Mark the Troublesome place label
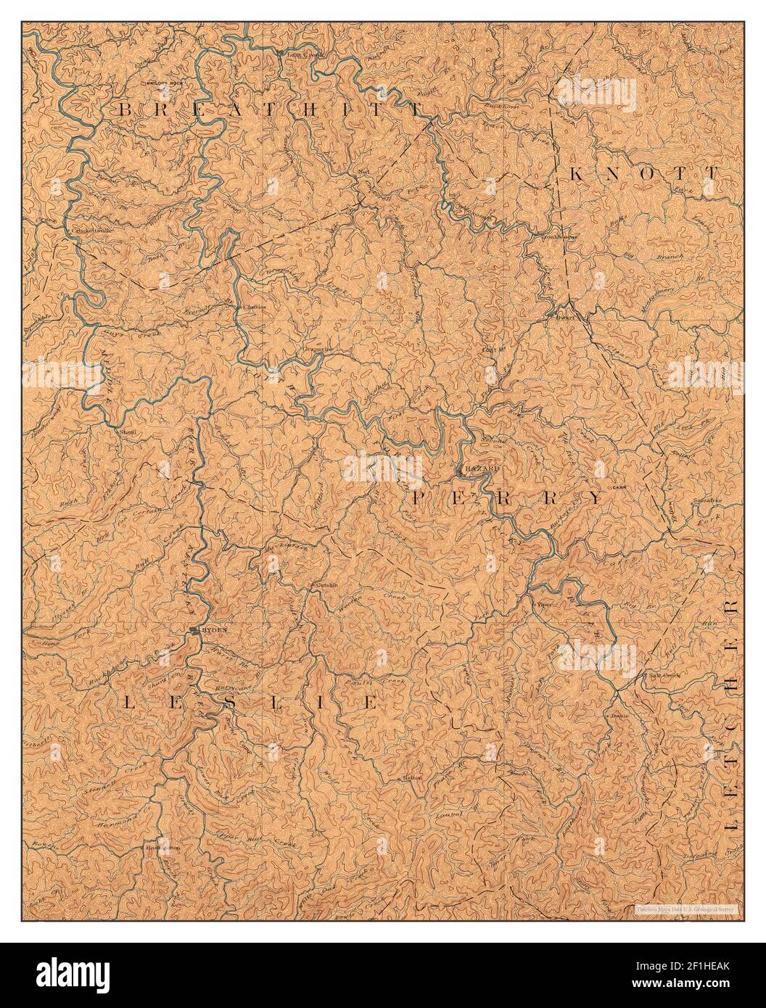click(x=557, y=236)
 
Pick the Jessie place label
click(x=619, y=714)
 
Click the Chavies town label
click(x=252, y=307)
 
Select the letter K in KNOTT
click(x=578, y=174)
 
